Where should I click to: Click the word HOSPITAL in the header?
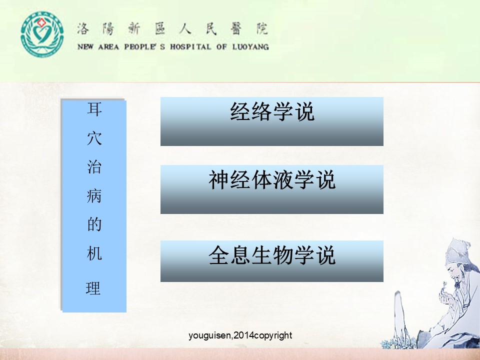pyautogui.click(x=190, y=47)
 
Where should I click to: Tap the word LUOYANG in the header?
pyautogui.click(x=250, y=47)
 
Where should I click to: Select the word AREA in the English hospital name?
pyautogui.click(x=108, y=47)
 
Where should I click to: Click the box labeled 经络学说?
pyautogui.click(x=272, y=121)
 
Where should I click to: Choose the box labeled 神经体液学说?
pyautogui.click(x=272, y=189)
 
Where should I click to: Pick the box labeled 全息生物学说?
pyautogui.click(x=272, y=261)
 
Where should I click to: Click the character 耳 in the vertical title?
pyautogui.click(x=94, y=109)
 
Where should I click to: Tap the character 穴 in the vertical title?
pyautogui.click(x=94, y=138)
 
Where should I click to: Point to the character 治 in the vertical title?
pyautogui.click(x=94, y=167)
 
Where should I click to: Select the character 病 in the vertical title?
pyautogui.click(x=94, y=196)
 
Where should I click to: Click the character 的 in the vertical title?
pyautogui.click(x=94, y=224)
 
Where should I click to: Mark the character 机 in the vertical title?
pyautogui.click(x=94, y=253)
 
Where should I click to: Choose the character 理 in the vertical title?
pyautogui.click(x=93, y=288)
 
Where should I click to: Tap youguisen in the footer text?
pyautogui.click(x=209, y=336)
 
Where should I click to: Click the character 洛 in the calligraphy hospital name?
pyautogui.click(x=82, y=29)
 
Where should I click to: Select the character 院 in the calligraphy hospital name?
pyautogui.click(x=262, y=29)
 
